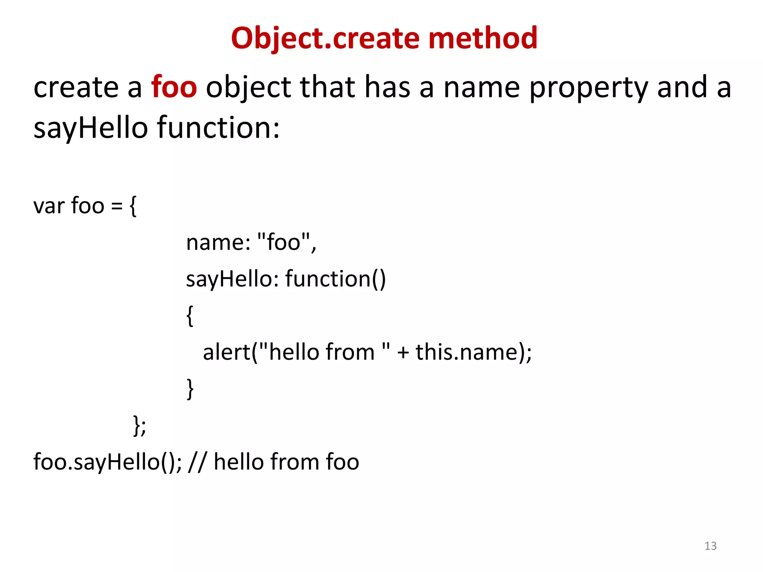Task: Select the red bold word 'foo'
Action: tap(174, 87)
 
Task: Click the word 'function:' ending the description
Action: tap(218, 127)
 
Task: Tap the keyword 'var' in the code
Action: tap(49, 206)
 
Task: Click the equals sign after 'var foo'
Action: tap(117, 206)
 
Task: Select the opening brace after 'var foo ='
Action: tap(133, 206)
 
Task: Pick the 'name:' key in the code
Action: tap(218, 242)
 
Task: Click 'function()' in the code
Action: tap(336, 279)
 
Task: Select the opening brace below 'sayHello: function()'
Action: tap(190, 316)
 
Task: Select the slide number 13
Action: tap(710, 546)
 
